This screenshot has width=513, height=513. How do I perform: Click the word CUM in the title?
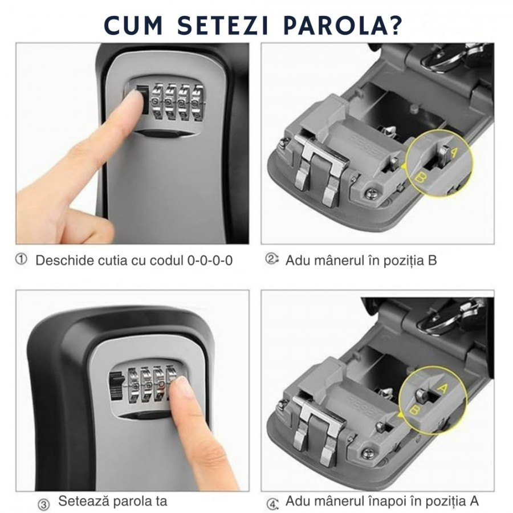pos(133,25)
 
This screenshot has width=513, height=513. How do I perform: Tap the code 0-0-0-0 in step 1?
pos(210,260)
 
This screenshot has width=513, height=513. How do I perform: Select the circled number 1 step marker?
pos(21,260)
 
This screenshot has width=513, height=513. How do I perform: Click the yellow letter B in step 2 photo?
pos(421,178)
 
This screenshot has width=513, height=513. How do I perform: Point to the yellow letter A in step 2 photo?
pos(454,152)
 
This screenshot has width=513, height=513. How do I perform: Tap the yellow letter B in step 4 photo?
pos(414,410)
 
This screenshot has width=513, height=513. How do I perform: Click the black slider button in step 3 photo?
pos(116,386)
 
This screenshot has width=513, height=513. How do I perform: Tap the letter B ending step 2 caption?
pos(432,260)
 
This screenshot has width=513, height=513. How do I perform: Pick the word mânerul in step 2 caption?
pos(340,260)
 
